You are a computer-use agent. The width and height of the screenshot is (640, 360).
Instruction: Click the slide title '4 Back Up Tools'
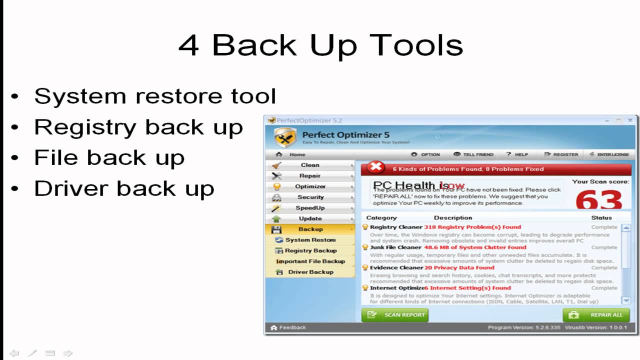[320, 45]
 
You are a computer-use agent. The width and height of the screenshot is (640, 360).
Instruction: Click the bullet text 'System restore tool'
[154, 96]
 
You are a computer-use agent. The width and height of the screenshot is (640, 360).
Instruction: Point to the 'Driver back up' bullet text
[124, 188]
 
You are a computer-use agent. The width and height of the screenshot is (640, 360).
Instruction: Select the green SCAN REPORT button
[395, 315]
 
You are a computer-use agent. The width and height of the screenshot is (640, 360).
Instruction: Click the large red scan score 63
[598, 200]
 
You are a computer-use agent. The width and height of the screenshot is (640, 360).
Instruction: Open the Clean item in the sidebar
[310, 165]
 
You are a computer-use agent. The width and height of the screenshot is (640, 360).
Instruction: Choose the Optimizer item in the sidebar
[310, 186]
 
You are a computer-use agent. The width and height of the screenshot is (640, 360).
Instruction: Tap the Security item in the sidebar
[310, 197]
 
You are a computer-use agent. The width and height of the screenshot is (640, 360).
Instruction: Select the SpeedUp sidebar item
[310, 208]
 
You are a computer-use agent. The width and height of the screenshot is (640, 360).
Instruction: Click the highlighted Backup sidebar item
[310, 229]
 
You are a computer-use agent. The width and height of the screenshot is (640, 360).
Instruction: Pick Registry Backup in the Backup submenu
[310, 251]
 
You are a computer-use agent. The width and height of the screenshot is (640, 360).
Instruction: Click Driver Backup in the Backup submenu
[310, 272]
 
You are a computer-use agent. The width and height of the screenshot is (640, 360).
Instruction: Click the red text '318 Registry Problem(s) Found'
[472, 227]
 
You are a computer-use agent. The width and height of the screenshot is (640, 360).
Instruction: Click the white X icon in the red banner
[375, 168]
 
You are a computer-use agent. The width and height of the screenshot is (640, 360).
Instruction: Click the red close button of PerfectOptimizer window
[630, 120]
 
